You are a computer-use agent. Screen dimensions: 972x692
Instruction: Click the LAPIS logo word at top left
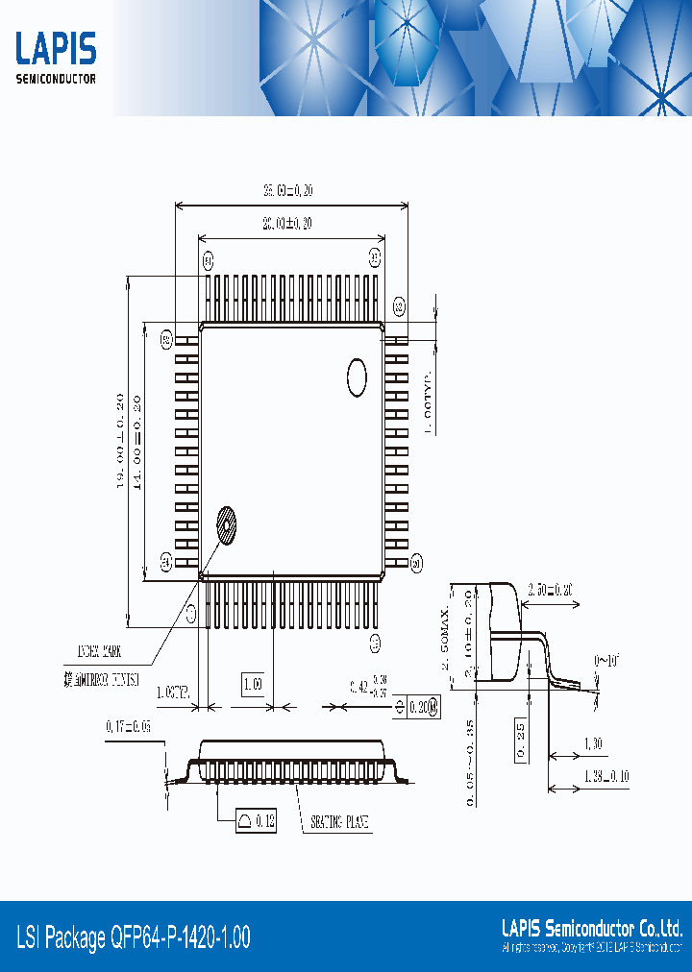pyautogui.click(x=56, y=49)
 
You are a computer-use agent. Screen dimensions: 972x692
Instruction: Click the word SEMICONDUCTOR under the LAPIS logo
pyautogui.click(x=56, y=79)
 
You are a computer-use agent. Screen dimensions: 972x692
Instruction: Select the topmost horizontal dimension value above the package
pyautogui.click(x=288, y=191)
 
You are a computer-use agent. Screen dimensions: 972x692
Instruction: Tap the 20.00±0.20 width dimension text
pyautogui.click(x=289, y=223)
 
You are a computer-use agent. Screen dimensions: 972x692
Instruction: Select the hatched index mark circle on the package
pyautogui.click(x=227, y=525)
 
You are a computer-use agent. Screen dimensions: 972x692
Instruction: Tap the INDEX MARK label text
pyautogui.click(x=106, y=650)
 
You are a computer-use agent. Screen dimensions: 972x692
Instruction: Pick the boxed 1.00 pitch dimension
pyautogui.click(x=254, y=685)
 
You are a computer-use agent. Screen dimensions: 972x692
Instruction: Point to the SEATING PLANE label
pyautogui.click(x=340, y=822)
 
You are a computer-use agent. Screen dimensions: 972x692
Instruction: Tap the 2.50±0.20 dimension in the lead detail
pyautogui.click(x=551, y=590)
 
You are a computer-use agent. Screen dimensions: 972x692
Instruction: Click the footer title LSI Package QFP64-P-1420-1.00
pyautogui.click(x=134, y=936)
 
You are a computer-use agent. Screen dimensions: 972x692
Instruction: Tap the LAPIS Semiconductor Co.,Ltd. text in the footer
pyautogui.click(x=592, y=928)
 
